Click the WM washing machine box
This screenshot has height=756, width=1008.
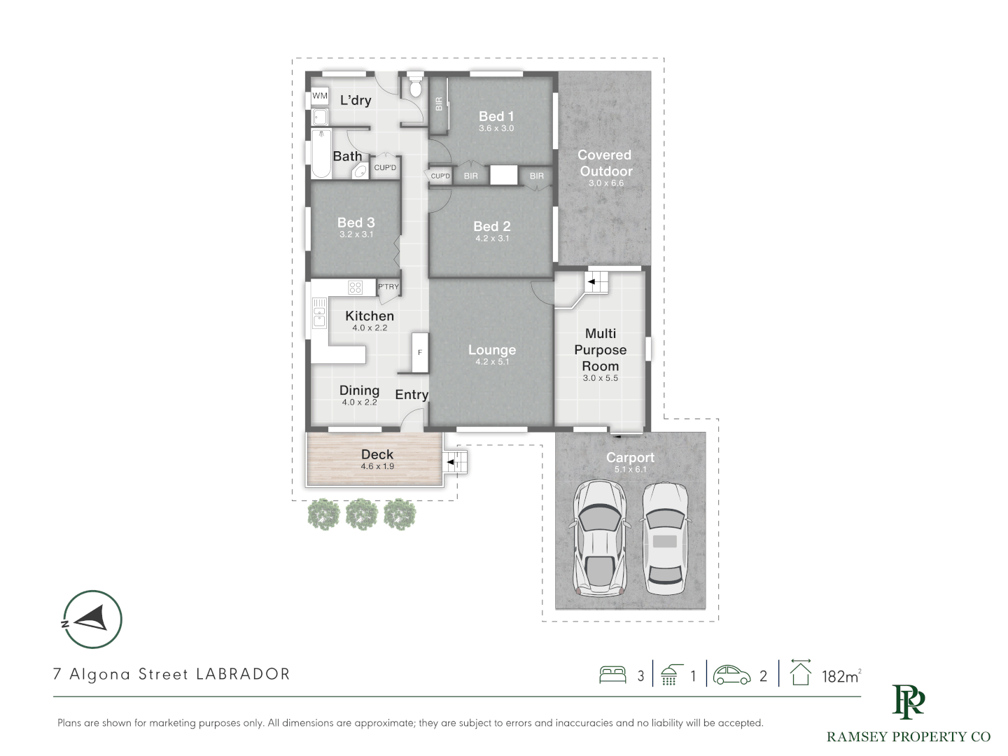pos(320,96)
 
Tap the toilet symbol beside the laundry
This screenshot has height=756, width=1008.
pos(416,85)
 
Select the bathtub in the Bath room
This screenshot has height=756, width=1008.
pos(321,154)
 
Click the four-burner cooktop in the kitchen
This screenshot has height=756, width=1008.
pos(356,288)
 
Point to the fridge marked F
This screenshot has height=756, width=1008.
pos(420,353)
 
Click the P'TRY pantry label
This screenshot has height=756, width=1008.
pos(388,287)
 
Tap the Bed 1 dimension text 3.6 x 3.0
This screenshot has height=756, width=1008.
pos(496,129)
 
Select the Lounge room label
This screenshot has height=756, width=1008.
pos(492,350)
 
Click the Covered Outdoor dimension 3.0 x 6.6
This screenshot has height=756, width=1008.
pos(606,183)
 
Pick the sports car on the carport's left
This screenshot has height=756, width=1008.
pos(599,538)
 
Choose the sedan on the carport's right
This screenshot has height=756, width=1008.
pos(665,538)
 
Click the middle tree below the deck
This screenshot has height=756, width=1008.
pos(362,514)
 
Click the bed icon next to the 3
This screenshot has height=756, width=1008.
pos(612,675)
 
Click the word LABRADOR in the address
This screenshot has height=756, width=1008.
pos(244,674)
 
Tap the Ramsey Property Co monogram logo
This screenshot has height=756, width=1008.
pos(908,702)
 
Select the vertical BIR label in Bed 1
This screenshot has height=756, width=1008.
pos(439,104)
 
